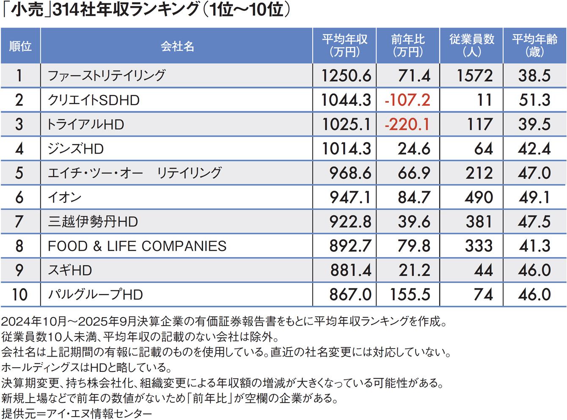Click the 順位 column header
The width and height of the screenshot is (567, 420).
(20, 46)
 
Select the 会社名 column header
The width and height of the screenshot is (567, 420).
(177, 46)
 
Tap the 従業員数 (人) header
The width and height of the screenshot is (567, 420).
(471, 46)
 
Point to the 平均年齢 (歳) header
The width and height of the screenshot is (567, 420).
(534, 46)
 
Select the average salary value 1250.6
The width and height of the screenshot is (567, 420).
(346, 76)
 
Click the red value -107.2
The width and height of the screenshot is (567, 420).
(407, 100)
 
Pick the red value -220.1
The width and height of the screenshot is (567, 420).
(407, 124)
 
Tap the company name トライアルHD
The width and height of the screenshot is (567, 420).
(86, 124)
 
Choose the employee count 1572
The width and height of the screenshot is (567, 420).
(474, 76)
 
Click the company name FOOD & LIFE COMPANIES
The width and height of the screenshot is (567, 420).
(137, 246)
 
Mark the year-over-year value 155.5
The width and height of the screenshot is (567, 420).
(410, 295)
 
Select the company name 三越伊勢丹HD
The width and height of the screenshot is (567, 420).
(93, 222)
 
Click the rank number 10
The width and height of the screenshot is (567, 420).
(19, 295)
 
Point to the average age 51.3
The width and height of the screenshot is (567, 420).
(534, 100)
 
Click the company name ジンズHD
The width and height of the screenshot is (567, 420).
(76, 149)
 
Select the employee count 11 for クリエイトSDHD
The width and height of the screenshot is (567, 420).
(484, 100)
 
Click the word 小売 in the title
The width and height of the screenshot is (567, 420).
(28, 9)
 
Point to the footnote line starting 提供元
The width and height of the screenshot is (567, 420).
(77, 413)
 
